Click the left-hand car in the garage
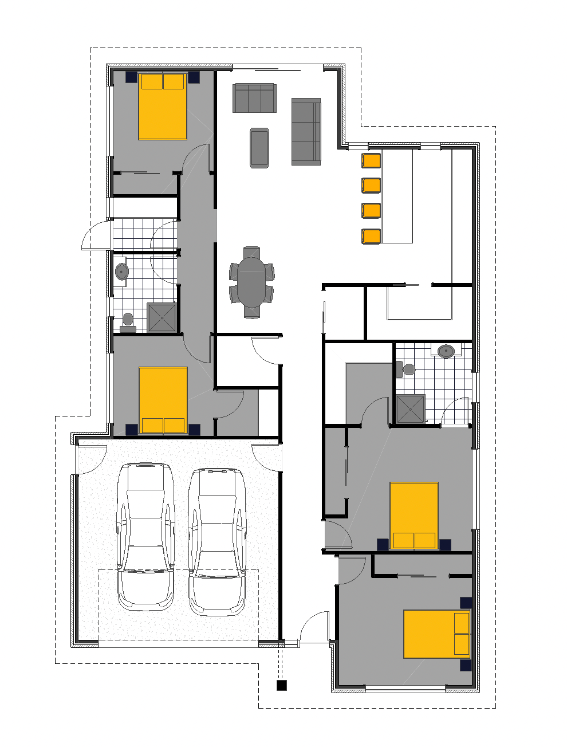145,536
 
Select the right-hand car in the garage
217,541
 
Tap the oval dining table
252,282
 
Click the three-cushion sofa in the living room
254,98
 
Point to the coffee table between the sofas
259,148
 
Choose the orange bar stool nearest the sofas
371,160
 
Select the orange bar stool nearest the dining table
371,236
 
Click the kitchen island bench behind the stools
397,196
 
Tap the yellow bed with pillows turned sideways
436,634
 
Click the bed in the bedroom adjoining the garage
163,400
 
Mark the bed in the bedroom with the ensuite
414,516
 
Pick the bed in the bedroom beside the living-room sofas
163,107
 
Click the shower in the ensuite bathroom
411,409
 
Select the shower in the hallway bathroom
162,317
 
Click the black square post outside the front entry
281,685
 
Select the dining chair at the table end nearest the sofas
251,252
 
